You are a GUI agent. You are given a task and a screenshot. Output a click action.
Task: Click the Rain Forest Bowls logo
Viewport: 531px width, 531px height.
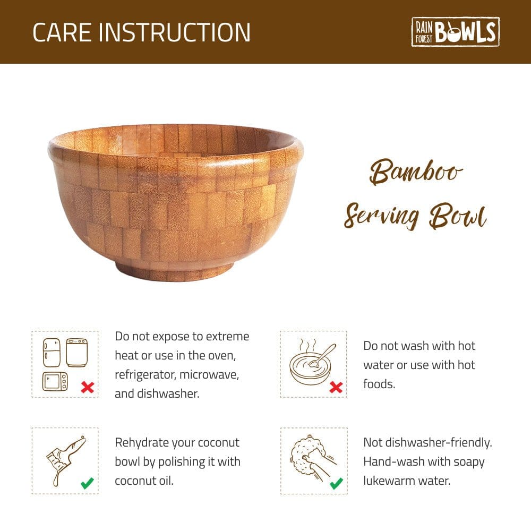pos(455,32)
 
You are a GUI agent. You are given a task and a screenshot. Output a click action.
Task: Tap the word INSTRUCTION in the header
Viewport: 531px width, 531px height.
pos(175,32)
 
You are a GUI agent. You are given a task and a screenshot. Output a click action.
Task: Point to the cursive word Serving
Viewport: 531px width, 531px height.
pos(380,216)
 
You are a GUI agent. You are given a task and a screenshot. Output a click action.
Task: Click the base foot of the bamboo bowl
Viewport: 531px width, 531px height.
pos(175,270)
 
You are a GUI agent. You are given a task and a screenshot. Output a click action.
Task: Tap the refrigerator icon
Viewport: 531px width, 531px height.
pos(52,352)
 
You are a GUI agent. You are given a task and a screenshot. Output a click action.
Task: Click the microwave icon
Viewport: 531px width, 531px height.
pos(55,381)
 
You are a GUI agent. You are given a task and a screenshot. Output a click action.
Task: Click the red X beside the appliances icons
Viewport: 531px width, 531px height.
pos(88,387)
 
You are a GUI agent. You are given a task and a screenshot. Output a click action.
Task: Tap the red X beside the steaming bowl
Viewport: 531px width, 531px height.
pos(336,387)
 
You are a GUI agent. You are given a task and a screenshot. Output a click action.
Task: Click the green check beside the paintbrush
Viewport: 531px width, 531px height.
pos(87,483)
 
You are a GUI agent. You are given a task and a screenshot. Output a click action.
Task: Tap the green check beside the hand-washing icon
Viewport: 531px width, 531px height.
pos(336,483)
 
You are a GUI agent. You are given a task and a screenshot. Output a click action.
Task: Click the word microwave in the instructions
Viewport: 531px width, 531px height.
pos(209,374)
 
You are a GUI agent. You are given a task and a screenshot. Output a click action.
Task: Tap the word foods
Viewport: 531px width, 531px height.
pos(379,384)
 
